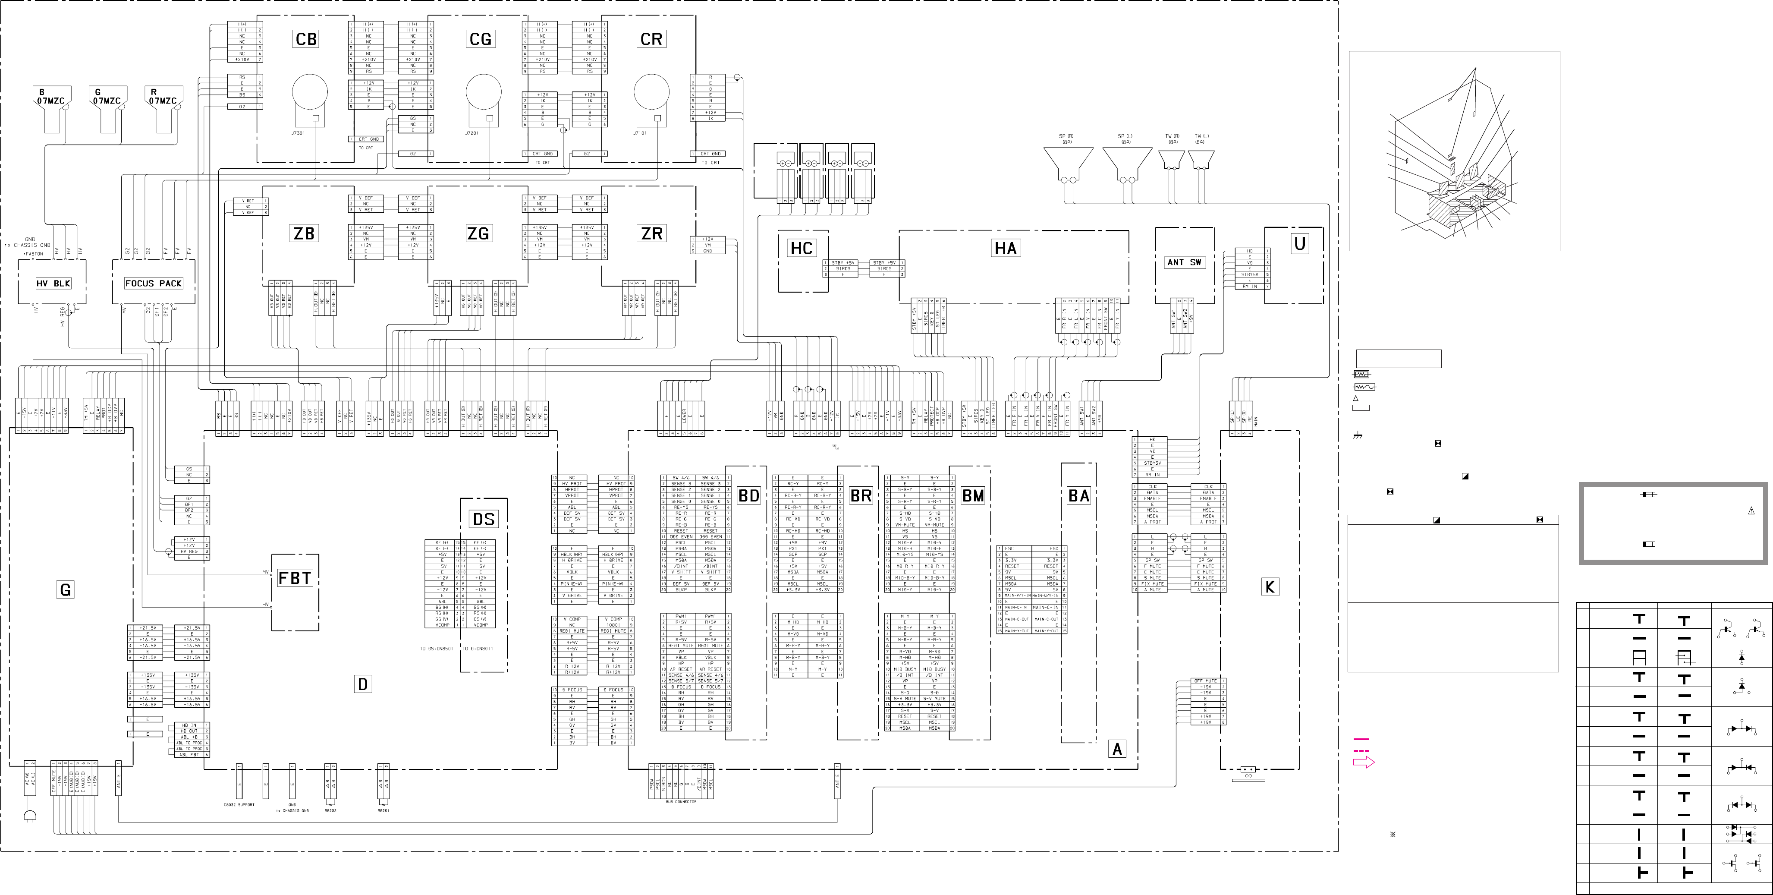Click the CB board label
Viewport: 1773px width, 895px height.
[x=306, y=39]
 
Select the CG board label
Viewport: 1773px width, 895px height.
[x=481, y=39]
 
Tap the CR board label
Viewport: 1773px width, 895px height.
[x=651, y=39]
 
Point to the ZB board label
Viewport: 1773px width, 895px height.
[x=304, y=233]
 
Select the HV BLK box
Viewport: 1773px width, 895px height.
[x=53, y=284]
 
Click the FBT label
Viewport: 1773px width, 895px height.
[x=295, y=578]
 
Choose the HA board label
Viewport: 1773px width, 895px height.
[x=1006, y=248]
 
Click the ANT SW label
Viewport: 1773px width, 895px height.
[x=1184, y=262]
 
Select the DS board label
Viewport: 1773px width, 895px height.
[x=484, y=519]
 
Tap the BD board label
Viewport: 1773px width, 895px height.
[x=748, y=496]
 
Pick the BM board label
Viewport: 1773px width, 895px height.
[x=972, y=496]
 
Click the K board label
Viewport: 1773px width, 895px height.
[x=1270, y=586]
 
